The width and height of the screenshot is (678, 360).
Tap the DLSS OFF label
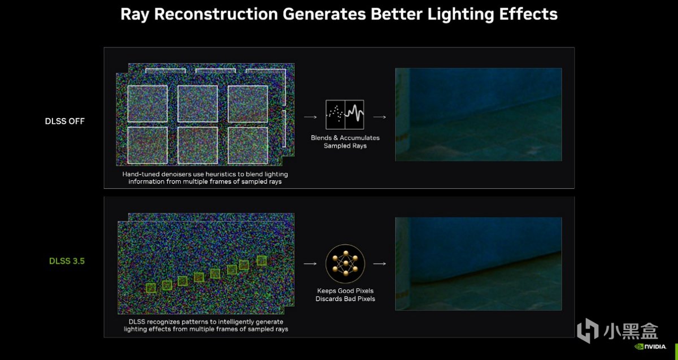tap(65, 121)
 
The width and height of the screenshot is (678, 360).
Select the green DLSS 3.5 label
tap(67, 261)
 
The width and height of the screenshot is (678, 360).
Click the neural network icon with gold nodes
tap(345, 264)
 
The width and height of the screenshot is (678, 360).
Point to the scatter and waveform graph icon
tap(345, 115)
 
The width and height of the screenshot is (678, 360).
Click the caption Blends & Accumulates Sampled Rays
tap(345, 142)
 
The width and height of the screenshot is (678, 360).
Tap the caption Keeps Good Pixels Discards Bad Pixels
tap(345, 294)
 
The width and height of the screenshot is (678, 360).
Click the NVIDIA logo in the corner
tap(650, 346)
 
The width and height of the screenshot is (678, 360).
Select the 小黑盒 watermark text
tap(631, 331)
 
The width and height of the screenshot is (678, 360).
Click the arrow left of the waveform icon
tap(310, 117)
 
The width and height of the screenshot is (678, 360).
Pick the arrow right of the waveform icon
tap(380, 117)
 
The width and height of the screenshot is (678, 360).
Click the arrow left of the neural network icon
tap(310, 264)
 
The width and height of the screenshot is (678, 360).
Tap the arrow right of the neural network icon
tap(380, 264)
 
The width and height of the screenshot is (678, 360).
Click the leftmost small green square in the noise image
tap(151, 288)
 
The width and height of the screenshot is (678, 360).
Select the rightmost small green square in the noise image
tap(262, 261)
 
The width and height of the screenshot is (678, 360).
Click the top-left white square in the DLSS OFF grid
tap(147, 103)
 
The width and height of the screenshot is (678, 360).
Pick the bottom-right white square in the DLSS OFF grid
tap(247, 145)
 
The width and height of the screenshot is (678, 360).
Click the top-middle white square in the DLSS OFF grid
tap(197, 103)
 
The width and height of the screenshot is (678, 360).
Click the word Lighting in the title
tap(460, 15)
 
